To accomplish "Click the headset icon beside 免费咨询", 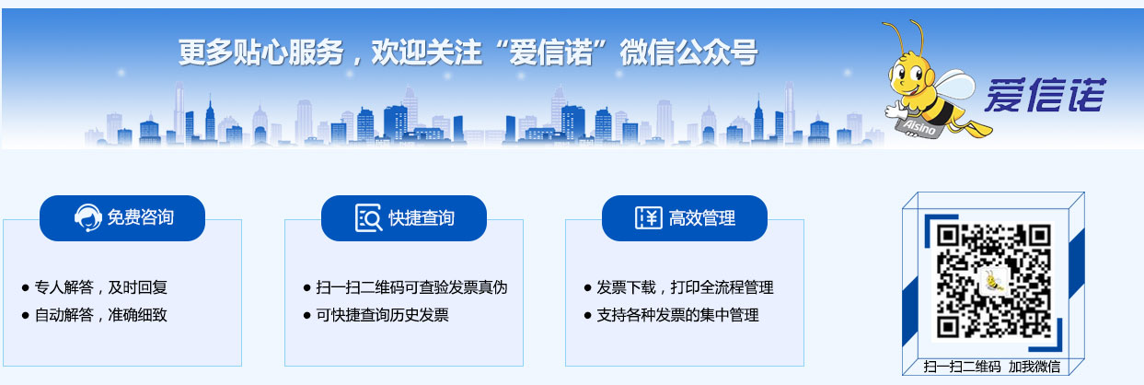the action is click(x=87, y=217).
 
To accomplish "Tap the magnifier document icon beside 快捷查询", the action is click(x=368, y=217).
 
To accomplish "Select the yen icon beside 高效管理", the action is click(x=649, y=217).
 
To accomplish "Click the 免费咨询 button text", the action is click(x=141, y=217).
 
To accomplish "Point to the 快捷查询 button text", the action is click(x=422, y=217).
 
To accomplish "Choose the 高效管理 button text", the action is click(x=702, y=217).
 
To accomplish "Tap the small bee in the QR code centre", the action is click(x=993, y=281).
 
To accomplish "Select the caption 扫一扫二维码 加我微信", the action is click(x=992, y=367).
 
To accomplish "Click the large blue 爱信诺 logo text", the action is click(x=1045, y=95).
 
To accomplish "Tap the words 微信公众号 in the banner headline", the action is click(x=689, y=52).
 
